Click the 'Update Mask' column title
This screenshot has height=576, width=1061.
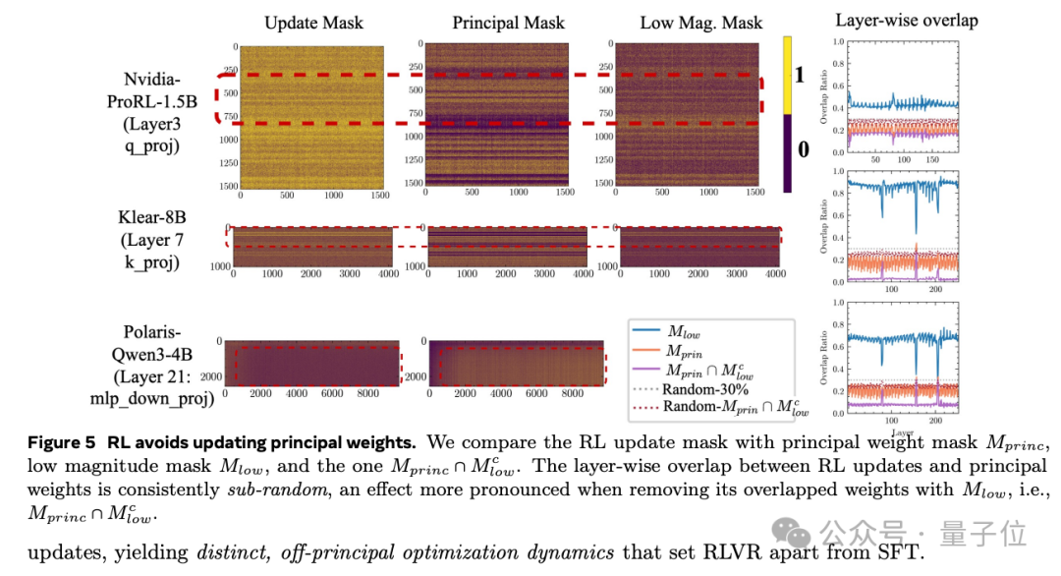[315, 23]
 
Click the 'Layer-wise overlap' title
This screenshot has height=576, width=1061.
[906, 20]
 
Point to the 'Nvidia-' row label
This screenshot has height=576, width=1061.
[158, 80]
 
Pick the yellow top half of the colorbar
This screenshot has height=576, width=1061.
[788, 75]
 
